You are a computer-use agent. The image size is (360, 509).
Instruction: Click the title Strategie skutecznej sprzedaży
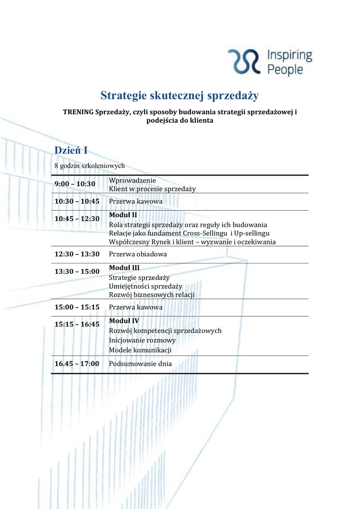[180, 95]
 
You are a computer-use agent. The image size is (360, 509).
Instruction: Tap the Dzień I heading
[71, 150]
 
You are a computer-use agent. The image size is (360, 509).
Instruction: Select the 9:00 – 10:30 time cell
[75, 184]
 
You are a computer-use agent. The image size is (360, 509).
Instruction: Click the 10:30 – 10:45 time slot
[77, 201]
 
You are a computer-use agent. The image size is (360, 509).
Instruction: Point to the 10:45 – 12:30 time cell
[77, 218]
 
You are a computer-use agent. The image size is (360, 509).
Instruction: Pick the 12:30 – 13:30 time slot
[77, 254]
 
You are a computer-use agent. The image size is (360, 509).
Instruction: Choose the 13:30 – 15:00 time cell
[77, 271]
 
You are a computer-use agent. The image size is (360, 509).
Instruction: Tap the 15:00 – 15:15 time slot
[77, 307]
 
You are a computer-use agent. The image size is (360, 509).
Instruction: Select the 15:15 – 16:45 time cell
[77, 324]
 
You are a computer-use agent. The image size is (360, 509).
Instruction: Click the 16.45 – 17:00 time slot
[77, 363]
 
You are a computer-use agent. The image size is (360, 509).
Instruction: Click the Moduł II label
[123, 215]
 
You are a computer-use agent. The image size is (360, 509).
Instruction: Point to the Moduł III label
[124, 268]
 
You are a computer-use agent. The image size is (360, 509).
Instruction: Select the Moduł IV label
[124, 321]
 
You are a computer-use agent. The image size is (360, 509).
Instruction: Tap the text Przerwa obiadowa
[138, 254]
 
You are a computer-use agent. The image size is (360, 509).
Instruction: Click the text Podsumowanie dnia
[140, 363]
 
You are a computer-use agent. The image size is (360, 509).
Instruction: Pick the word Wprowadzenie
[132, 180]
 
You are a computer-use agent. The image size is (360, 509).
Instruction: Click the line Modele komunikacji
[140, 350]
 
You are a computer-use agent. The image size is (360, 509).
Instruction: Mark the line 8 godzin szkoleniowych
[90, 166]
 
